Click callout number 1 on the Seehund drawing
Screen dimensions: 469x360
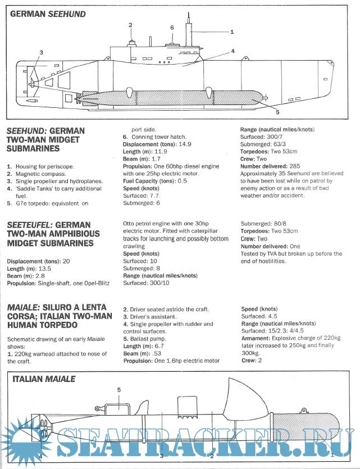click(231, 32)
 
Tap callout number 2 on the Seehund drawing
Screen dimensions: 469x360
click(130, 25)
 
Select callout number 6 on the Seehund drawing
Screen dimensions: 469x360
click(172, 27)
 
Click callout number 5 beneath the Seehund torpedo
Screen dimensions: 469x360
click(277, 112)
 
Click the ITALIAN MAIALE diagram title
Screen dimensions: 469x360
click(43, 379)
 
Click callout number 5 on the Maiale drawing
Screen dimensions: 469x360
click(119, 390)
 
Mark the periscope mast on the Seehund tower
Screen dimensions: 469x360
click(189, 28)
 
